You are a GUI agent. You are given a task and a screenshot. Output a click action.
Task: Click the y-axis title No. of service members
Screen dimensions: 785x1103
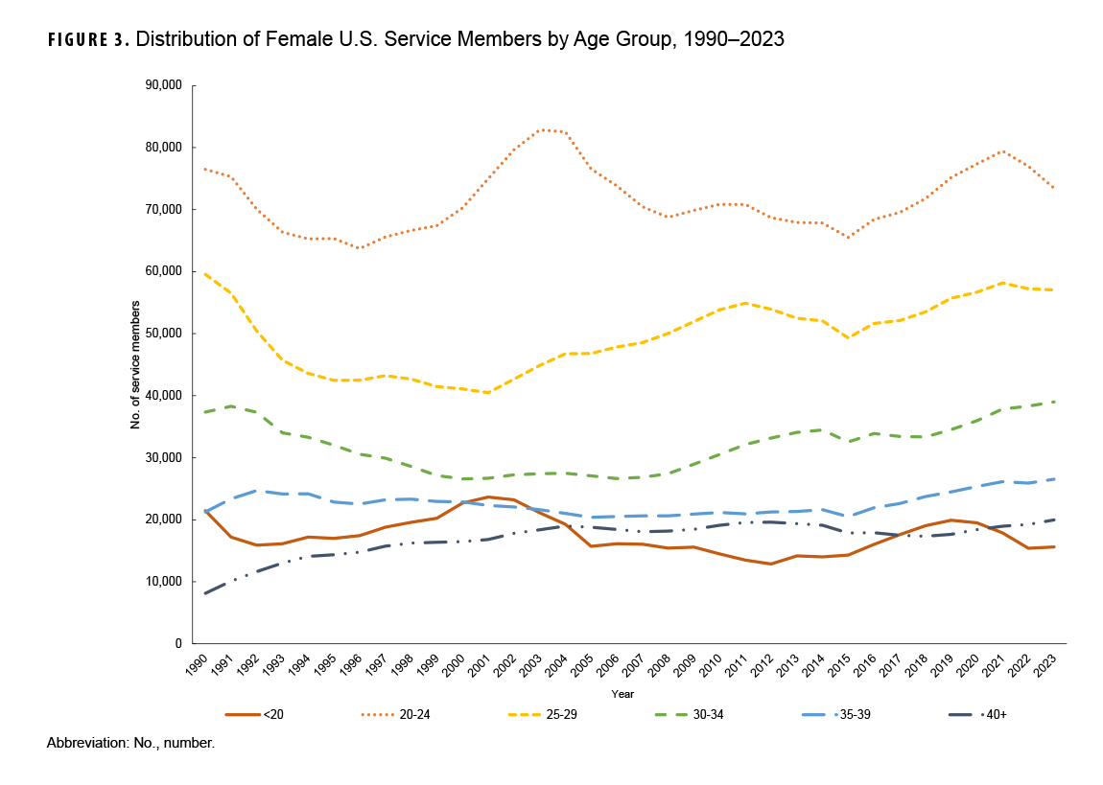(136, 364)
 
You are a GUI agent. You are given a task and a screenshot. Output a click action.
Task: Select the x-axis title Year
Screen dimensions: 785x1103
(622, 693)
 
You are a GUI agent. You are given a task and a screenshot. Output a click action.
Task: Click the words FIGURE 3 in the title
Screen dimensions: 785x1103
(87, 40)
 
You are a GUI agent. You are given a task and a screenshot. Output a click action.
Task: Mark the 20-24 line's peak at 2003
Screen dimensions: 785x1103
(544, 129)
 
